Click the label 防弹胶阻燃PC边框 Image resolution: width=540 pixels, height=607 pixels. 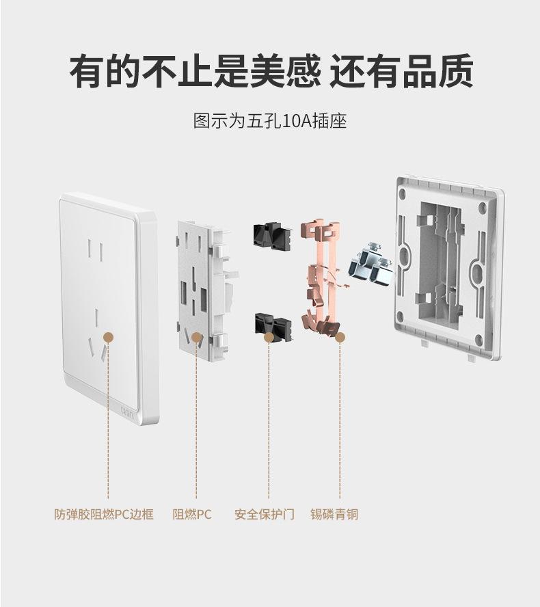coord(104,514)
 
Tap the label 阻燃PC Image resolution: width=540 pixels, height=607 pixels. coord(192,514)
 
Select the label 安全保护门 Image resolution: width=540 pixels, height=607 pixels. coord(264,514)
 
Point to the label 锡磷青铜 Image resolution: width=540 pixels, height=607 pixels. coord(334,514)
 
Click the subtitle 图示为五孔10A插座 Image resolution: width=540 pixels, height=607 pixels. coord(270,122)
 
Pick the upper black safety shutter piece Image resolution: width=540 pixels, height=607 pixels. coord(272,234)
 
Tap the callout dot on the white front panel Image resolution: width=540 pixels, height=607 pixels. coord(107,338)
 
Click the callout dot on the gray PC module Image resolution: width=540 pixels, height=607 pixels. coord(196,338)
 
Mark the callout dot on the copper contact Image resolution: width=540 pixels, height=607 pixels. coord(340,337)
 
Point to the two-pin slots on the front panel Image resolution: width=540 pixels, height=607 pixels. coord(96,251)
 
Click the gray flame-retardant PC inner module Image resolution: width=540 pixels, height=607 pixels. coord(202,287)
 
